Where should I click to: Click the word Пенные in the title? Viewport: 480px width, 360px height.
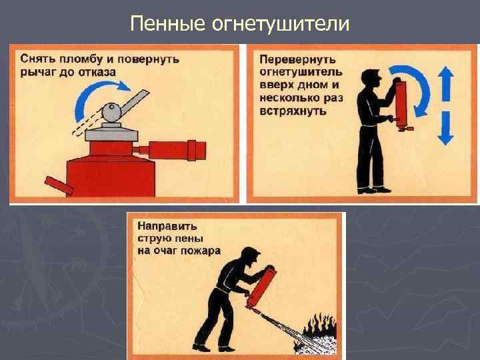(167, 23)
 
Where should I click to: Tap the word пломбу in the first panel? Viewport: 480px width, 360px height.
(81, 59)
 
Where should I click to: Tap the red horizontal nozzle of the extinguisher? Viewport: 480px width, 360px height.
(170, 150)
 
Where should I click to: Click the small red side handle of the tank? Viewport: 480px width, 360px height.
(59, 185)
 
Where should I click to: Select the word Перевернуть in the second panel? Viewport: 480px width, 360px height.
(297, 59)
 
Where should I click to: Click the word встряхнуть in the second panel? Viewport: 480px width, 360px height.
(293, 111)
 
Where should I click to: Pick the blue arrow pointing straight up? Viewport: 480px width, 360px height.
(446, 83)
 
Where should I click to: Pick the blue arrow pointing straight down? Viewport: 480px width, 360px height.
(446, 128)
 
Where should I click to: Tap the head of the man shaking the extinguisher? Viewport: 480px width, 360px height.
(371, 79)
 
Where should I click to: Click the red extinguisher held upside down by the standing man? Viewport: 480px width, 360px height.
(402, 105)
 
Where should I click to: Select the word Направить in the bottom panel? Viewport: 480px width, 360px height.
(167, 227)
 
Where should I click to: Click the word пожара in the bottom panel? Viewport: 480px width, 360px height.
(200, 251)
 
